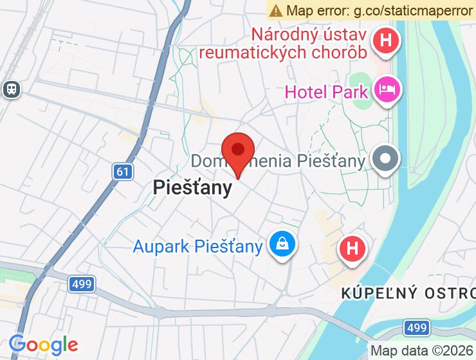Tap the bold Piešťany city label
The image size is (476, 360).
[x=192, y=187]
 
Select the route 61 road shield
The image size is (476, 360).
[x=123, y=172]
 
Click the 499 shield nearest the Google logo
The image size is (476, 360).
[x=82, y=283]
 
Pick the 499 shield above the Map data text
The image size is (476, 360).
[x=417, y=328]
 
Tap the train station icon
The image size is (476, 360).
[x=11, y=89]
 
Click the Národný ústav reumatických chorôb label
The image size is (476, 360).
[x=309, y=42]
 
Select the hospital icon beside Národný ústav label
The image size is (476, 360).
[x=386, y=40]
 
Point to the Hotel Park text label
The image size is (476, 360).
[x=326, y=91]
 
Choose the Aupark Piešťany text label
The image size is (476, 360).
[x=197, y=246]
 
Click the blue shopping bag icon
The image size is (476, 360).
[x=282, y=244]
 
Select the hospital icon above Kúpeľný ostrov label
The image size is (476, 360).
[x=352, y=248]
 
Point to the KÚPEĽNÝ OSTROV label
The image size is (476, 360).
[x=408, y=294]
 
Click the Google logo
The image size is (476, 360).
[x=43, y=345]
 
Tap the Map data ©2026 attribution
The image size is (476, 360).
[x=422, y=351]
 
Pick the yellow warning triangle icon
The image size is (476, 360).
[x=276, y=10]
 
